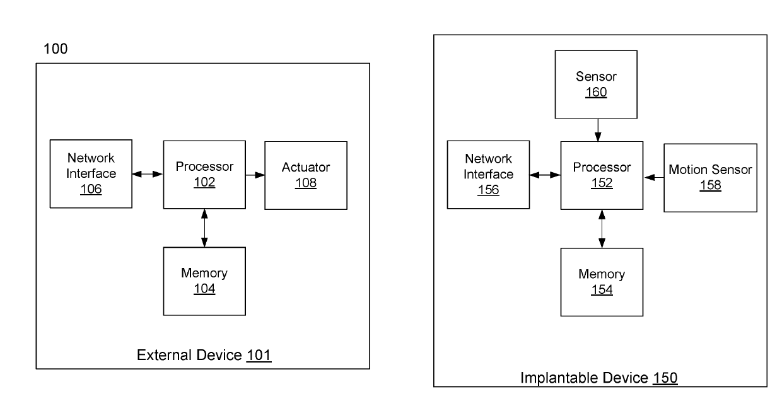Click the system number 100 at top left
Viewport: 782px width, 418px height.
point(55,49)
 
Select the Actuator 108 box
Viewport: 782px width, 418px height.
point(306,175)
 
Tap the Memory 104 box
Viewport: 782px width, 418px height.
point(204,281)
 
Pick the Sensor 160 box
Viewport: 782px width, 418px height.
point(596,84)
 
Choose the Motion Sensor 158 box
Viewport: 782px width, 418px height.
point(711,178)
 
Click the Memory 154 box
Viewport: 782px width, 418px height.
point(602,282)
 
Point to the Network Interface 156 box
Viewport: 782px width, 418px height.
point(488,175)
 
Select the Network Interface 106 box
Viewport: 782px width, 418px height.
point(91,174)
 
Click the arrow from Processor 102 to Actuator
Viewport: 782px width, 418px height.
point(255,175)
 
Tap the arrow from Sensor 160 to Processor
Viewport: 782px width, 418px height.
point(598,130)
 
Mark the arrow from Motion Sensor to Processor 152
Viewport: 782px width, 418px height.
point(653,178)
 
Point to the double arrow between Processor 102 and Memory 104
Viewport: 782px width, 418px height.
point(204,228)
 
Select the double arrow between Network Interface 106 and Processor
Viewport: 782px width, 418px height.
point(148,174)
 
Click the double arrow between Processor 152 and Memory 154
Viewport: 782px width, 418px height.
point(602,228)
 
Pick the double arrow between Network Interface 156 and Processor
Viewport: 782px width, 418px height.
point(545,175)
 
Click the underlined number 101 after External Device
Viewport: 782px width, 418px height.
point(259,356)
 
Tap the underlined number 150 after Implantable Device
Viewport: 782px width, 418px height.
point(665,378)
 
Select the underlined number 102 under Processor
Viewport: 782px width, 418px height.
point(204,182)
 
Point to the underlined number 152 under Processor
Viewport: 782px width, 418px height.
point(602,183)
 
